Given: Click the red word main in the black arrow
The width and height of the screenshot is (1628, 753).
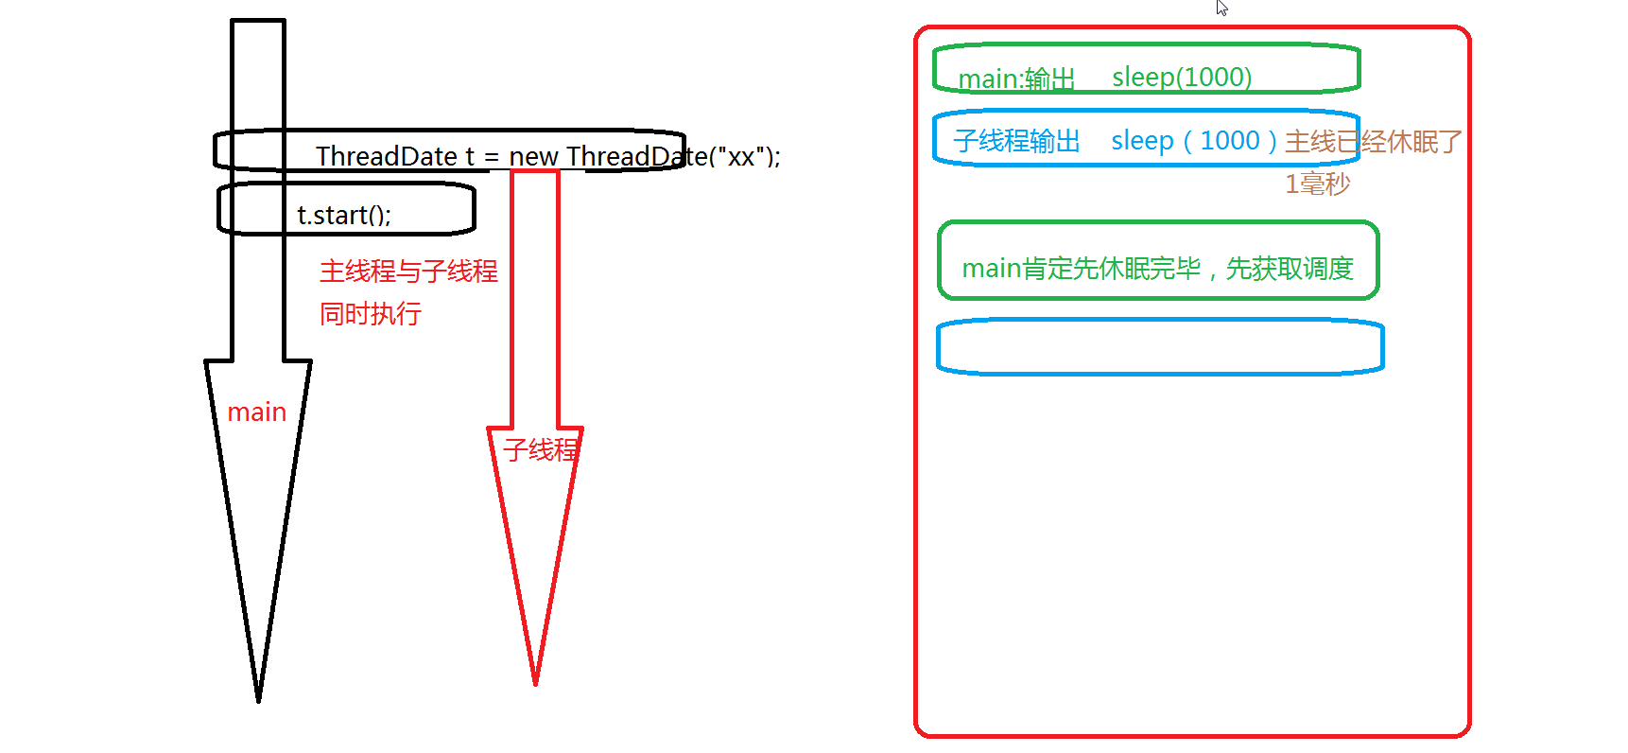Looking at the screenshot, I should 256,412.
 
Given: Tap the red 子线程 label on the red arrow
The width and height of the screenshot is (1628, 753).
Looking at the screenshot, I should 540,449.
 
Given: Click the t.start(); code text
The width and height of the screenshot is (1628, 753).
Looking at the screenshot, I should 344,216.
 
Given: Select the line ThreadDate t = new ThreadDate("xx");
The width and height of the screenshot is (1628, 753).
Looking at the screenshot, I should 547,156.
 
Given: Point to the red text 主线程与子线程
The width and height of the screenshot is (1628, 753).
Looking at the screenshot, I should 408,271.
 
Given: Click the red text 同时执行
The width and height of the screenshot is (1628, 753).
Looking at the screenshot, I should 370,314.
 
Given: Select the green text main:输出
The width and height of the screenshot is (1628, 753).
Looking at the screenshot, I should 1016,79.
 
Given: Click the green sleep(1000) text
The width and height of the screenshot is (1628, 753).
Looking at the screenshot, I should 1182,78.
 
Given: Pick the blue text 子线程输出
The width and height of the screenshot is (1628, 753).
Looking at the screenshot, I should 1016,141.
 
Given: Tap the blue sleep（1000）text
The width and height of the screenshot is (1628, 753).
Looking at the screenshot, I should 1195,141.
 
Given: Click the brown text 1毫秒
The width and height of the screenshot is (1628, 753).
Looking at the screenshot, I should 1317,184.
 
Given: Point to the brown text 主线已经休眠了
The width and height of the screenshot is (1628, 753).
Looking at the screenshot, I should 1373,142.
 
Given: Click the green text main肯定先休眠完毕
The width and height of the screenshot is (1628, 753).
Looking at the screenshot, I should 1082,269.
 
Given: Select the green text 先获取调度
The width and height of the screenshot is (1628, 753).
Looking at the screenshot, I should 1290,269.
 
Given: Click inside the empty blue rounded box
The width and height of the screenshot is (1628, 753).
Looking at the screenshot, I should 1160,347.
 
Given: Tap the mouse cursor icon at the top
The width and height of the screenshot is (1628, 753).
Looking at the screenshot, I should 1221,8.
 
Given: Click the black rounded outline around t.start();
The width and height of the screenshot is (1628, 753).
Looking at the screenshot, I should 473,209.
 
